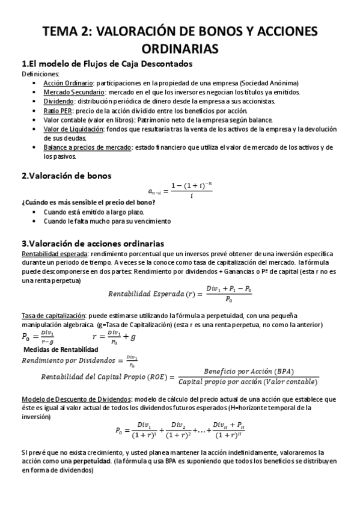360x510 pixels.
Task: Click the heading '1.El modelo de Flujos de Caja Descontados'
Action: [x=107, y=64]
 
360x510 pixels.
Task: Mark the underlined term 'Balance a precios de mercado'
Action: [x=86, y=147]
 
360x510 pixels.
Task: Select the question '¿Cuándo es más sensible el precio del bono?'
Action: [x=81, y=203]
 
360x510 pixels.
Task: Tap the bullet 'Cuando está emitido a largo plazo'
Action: [x=94, y=212]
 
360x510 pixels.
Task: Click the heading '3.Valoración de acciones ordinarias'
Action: [x=92, y=244]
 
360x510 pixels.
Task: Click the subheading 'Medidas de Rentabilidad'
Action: [x=60, y=349]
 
